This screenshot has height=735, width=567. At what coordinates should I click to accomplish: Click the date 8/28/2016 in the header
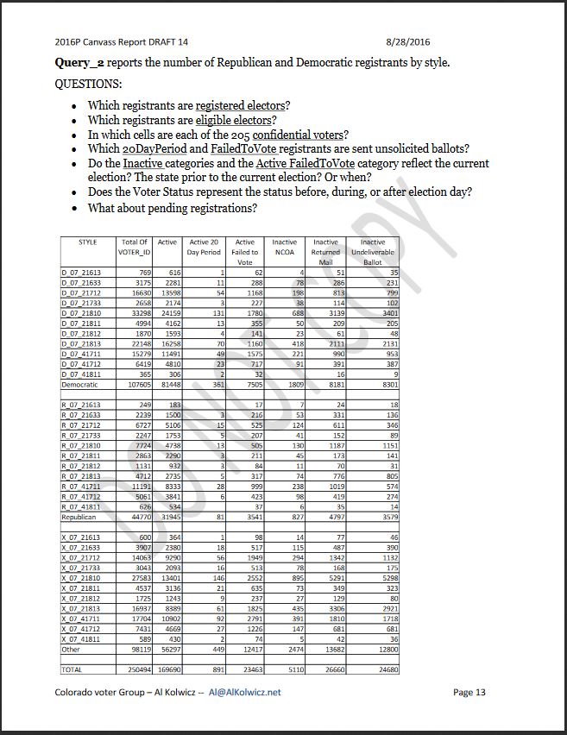coord(409,41)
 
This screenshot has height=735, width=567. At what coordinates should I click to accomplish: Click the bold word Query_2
coord(80,63)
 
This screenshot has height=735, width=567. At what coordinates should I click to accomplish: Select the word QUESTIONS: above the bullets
coord(88,85)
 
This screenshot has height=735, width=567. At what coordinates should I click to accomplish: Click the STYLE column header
coord(87,242)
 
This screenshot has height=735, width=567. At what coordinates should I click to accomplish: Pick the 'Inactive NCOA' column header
coord(285,248)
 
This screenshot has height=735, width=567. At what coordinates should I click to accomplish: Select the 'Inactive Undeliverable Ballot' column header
coord(373,252)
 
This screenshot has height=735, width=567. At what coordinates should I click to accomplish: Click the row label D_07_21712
coord(81,293)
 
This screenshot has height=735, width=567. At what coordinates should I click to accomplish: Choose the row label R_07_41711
coord(81,487)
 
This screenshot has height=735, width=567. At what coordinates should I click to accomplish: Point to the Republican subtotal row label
coord(79,518)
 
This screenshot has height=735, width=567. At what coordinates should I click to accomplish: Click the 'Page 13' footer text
coord(469,692)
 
